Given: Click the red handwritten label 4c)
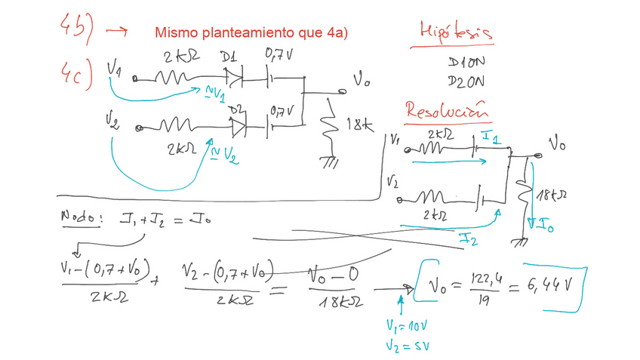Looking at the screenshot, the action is coord(75,73).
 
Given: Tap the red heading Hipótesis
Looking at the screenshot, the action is coord(456,32).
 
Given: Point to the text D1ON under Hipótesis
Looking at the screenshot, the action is coord(465,61).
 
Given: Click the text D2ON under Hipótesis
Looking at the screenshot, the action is coord(465,80).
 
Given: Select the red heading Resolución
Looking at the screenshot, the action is coord(445,110).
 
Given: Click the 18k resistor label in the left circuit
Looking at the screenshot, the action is coord(360,127).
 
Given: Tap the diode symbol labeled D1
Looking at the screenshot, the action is coord(234,75).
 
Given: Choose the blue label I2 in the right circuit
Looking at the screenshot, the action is coord(468,238).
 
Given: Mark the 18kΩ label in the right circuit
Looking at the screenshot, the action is coord(552,196).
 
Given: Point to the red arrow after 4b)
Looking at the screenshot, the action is coord(116,32).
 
